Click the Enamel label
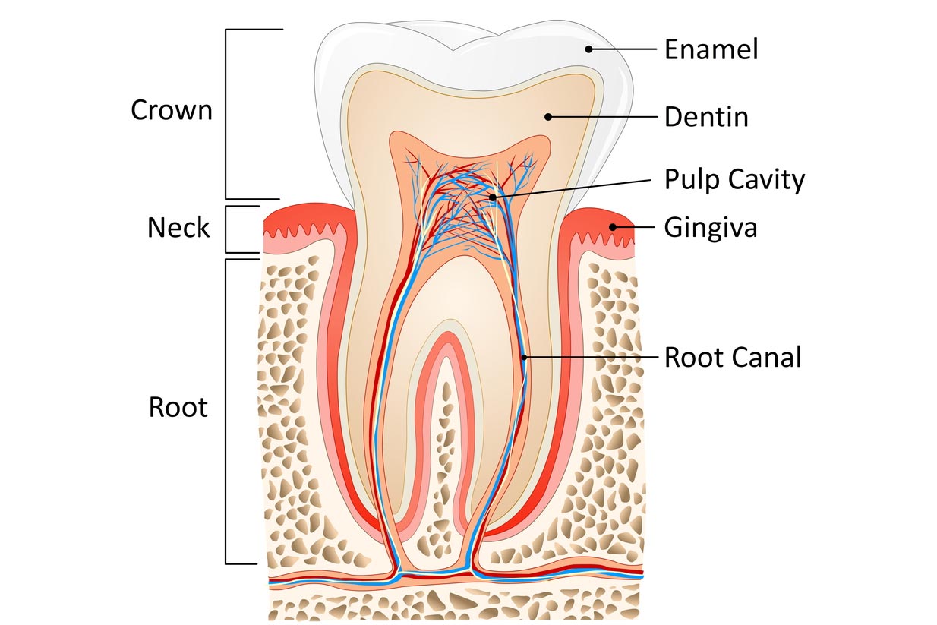tap(711, 49)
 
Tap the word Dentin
tap(706, 117)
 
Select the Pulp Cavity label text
tap(734, 180)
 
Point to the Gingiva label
tap(710, 227)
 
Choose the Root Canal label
tap(733, 357)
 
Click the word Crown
tap(172, 110)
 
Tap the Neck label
tap(178, 227)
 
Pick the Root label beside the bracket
tap(178, 407)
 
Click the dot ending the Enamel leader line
tap(588, 49)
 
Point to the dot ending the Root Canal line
tap(523, 357)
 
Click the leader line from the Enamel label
tap(623, 49)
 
